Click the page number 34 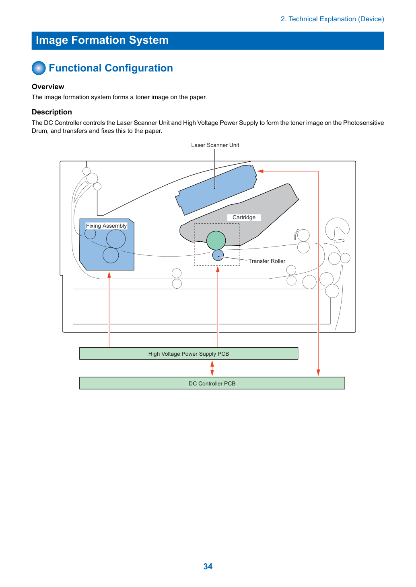208,566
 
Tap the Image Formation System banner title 102,40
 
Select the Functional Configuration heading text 111,68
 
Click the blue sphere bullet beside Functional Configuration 39,68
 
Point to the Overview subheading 48,87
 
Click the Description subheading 52,112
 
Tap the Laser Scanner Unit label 215,145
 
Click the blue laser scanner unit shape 216,190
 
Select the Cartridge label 244,217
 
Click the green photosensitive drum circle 216,241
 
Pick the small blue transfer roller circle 218,255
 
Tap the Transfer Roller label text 267,261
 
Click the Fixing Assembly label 106,226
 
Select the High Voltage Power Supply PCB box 189,353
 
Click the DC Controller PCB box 212,383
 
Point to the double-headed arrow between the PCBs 212,368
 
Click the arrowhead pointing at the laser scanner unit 260,171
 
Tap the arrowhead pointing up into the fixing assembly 109,275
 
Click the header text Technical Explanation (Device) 332,19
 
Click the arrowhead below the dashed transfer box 218,269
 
